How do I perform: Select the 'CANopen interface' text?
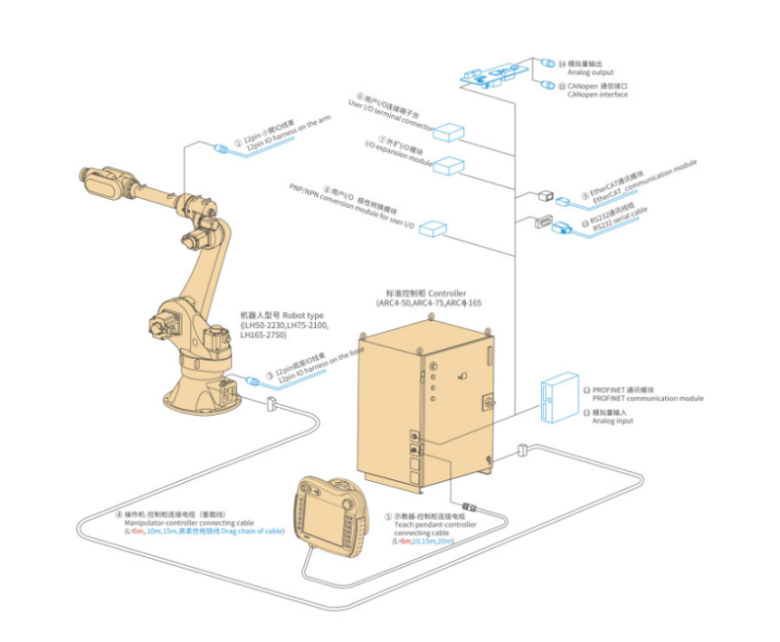pos(599,95)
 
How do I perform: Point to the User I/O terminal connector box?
pos(451,133)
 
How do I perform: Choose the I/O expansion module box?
pos(450,165)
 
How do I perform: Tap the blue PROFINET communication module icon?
pos(558,399)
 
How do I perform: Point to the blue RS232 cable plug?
pos(565,230)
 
